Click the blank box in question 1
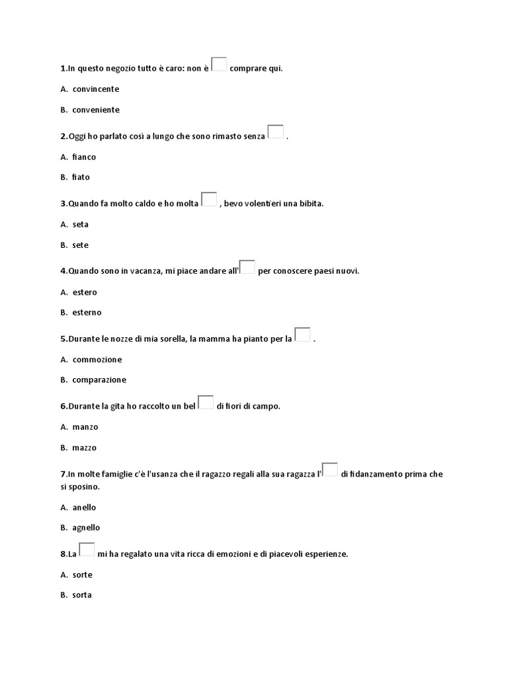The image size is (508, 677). (220, 65)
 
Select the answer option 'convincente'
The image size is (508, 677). (95, 89)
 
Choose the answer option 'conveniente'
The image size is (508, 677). (95, 110)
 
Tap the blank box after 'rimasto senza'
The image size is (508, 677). (276, 132)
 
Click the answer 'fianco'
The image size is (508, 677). (84, 157)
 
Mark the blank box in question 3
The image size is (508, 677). (209, 200)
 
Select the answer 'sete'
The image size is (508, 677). (80, 245)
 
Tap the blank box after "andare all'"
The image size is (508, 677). (247, 267)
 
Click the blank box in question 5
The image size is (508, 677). (302, 335)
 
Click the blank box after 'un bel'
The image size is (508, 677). (206, 402)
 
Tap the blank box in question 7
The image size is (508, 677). (330, 469)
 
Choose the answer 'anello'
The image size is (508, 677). (84, 508)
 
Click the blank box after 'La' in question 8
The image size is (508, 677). (87, 549)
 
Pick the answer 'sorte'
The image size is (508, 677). (82, 575)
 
